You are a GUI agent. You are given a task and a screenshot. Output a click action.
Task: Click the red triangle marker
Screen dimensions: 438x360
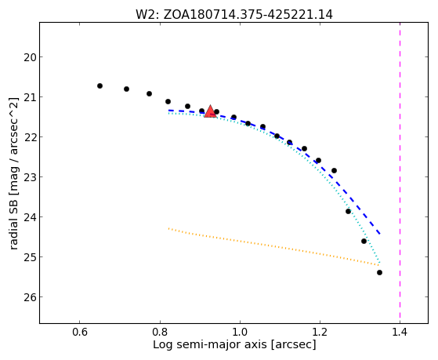[x=210, y=111]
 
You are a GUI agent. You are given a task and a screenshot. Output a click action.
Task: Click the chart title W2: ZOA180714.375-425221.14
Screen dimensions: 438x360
[x=234, y=15]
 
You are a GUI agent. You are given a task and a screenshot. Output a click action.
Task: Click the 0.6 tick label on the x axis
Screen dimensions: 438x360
[x=80, y=332]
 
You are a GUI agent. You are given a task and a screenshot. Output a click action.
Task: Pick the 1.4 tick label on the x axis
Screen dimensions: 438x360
[x=400, y=332]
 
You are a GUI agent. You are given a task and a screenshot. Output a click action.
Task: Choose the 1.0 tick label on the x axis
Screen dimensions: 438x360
[x=240, y=332]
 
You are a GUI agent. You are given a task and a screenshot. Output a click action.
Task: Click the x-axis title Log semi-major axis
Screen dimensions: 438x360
[x=210, y=344]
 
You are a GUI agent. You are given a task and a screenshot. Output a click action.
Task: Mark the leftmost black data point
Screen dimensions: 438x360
[x=100, y=85]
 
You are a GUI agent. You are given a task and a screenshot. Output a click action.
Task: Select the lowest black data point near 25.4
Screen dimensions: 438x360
[x=379, y=272]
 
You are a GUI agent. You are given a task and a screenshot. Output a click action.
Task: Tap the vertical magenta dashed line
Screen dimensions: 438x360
[x=400, y=173]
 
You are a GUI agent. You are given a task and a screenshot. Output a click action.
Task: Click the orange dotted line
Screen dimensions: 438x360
[x=273, y=247]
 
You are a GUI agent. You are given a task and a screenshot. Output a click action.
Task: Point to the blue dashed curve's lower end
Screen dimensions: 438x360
[x=380, y=234]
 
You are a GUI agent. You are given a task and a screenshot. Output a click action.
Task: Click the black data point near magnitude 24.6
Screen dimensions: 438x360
[x=364, y=241]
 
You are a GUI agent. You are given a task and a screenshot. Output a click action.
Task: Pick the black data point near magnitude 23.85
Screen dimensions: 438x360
[x=348, y=211]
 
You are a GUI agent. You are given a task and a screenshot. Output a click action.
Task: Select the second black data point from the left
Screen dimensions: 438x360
[x=126, y=89]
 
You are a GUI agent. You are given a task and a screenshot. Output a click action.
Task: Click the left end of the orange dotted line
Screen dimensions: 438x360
[x=168, y=229]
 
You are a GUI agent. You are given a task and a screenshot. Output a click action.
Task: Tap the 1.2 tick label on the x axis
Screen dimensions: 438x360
[x=320, y=332]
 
